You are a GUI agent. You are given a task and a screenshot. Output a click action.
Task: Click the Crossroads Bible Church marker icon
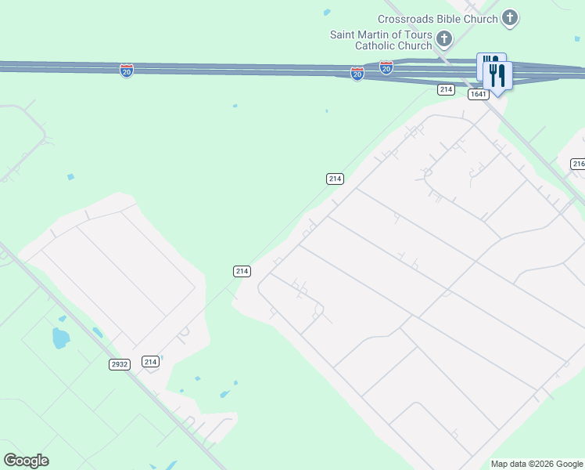click(510, 17)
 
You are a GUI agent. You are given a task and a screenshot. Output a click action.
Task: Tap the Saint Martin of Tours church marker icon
click(443, 38)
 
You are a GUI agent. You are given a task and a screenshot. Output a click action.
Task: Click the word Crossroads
click(408, 19)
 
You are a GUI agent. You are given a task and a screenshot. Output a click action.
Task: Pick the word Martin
click(376, 34)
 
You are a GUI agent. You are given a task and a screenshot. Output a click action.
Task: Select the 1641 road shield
click(479, 94)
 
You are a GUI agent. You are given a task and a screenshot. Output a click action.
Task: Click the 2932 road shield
click(120, 364)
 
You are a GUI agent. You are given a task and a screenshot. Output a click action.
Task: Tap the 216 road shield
click(578, 164)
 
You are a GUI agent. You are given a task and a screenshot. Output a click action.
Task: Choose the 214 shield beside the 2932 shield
click(151, 361)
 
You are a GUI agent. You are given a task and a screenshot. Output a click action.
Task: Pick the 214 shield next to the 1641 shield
click(446, 90)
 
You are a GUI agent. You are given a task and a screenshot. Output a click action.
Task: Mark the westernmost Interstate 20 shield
click(127, 71)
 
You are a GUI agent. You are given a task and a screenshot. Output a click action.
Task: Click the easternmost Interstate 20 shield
click(386, 68)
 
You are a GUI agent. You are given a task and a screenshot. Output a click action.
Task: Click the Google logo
click(26, 461)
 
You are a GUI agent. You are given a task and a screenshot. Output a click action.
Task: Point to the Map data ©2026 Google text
click(536, 464)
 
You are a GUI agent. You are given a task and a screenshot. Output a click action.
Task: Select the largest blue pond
click(59, 339)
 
